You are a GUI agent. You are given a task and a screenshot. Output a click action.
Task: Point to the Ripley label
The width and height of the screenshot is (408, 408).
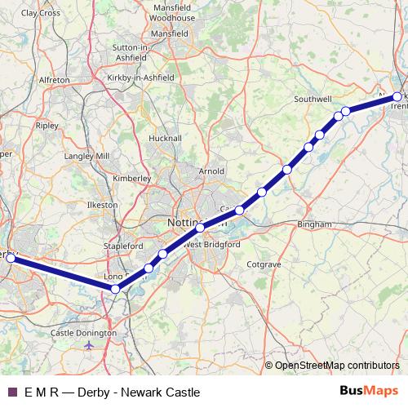(47, 127)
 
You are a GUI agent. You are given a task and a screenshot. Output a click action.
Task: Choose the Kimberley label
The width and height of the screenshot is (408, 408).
(131, 176)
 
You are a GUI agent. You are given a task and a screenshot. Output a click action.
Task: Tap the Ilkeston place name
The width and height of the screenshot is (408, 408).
(104, 204)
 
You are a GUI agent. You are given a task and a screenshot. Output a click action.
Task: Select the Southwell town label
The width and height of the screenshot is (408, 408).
(311, 100)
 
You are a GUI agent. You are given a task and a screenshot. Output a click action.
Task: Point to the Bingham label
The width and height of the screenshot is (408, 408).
(315, 224)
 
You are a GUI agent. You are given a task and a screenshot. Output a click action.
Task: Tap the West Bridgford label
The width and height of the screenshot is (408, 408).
(211, 244)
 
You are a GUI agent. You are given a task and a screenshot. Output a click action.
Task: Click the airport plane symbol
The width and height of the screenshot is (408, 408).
(89, 346)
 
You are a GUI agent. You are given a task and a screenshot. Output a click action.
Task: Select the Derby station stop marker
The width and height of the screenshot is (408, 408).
(11, 258)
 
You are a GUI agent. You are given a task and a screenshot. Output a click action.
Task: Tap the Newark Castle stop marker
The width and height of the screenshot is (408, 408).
(397, 97)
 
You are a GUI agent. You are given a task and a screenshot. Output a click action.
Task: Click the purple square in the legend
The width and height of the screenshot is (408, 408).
(11, 392)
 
